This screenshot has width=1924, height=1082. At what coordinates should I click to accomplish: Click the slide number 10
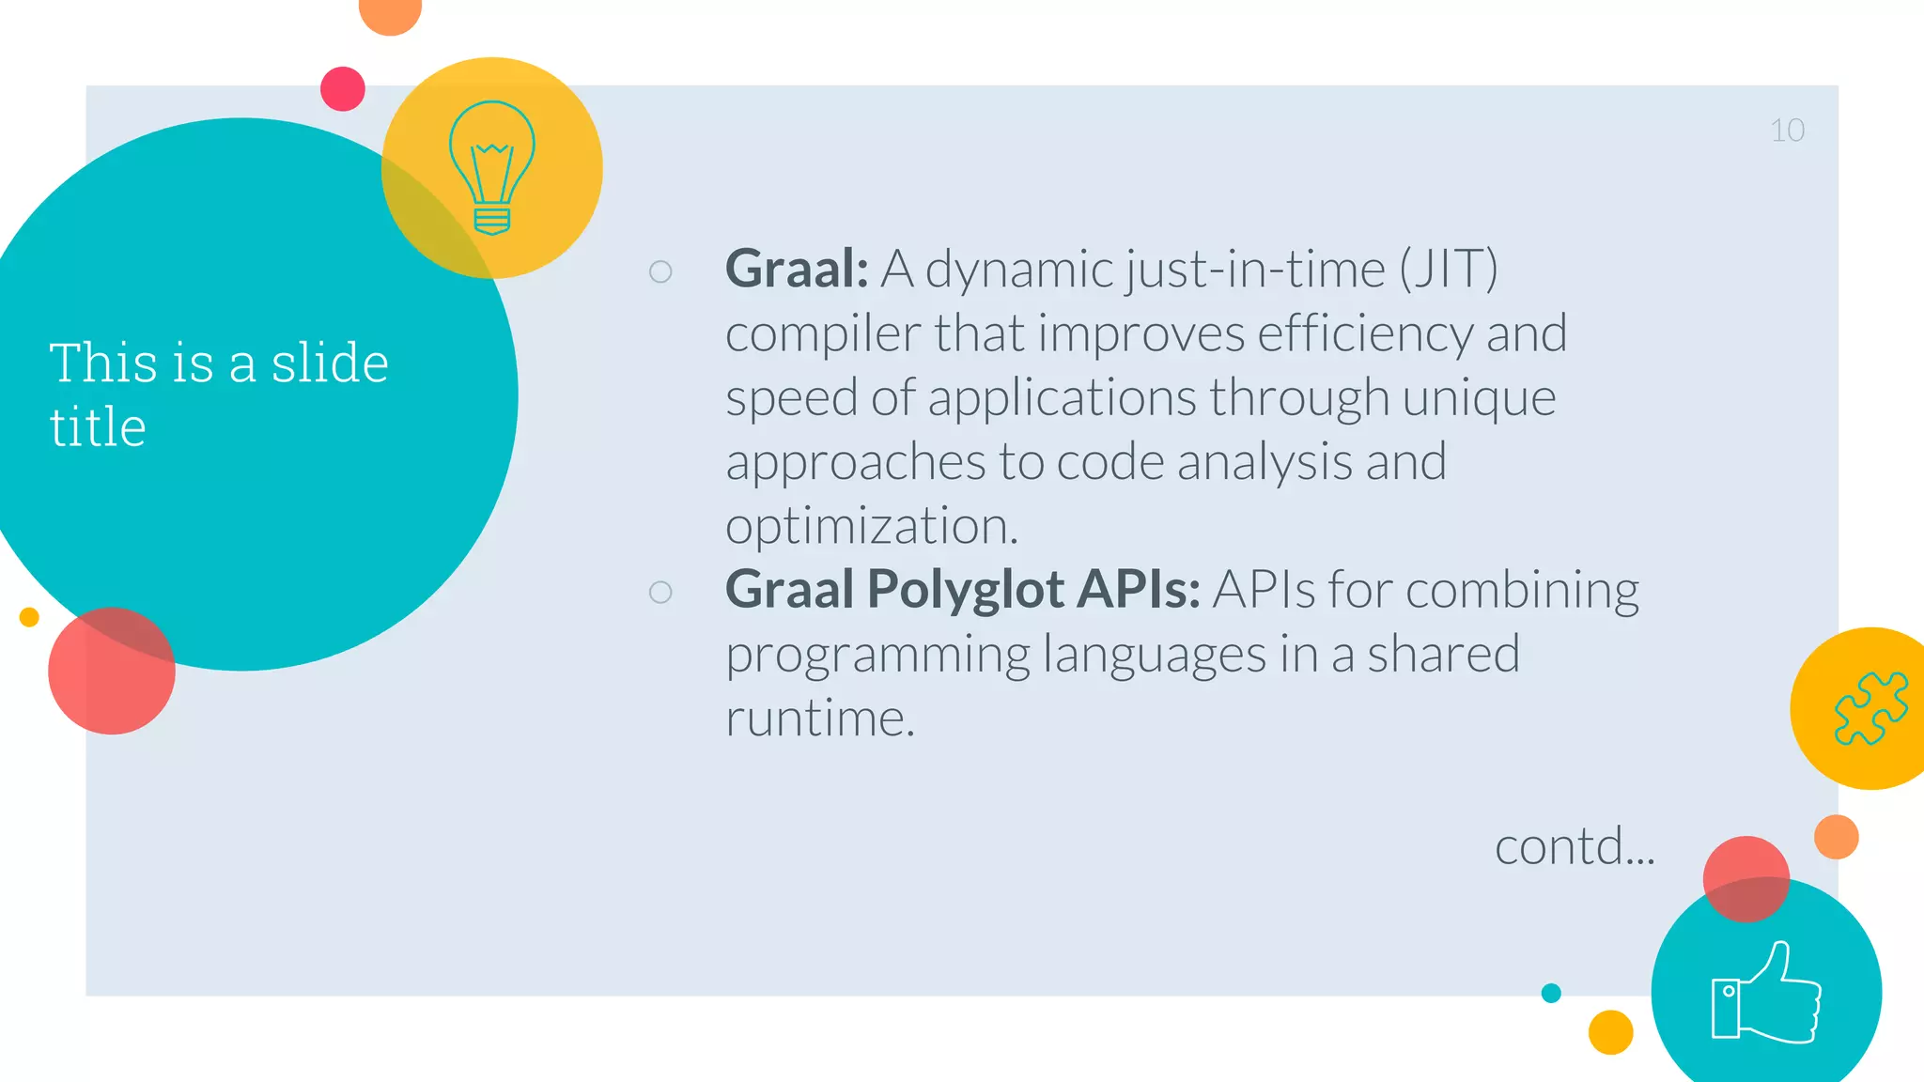pyautogui.click(x=1787, y=131)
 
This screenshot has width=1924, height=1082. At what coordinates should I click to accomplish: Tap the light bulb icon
pyautogui.click(x=492, y=168)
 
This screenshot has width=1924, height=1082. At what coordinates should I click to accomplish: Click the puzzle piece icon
pyautogui.click(x=1870, y=708)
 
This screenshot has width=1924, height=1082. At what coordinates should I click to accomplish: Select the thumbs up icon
pyautogui.click(x=1766, y=994)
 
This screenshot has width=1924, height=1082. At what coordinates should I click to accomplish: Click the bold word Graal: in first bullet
pyautogui.click(x=797, y=270)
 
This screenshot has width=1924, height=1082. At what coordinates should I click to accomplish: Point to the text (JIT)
pyautogui.click(x=1448, y=270)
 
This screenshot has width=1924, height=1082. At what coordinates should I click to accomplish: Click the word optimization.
pyautogui.click(x=871, y=526)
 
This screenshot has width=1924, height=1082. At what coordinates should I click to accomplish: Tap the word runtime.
pyautogui.click(x=818, y=719)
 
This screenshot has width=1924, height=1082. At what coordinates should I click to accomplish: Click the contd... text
pyautogui.click(x=1575, y=847)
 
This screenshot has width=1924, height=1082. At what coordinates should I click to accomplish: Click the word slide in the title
pyautogui.click(x=329, y=363)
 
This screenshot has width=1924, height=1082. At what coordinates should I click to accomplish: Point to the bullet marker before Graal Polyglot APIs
pyautogui.click(x=660, y=592)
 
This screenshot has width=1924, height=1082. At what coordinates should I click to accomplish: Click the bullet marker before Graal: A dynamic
pyautogui.click(x=660, y=271)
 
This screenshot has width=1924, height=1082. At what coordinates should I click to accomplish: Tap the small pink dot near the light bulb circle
pyautogui.click(x=343, y=89)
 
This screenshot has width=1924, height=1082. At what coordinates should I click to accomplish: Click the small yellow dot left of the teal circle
pyautogui.click(x=29, y=617)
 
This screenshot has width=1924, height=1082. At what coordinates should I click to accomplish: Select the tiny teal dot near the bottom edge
pyautogui.click(x=1551, y=993)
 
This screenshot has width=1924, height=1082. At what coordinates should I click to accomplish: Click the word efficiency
pyautogui.click(x=1365, y=333)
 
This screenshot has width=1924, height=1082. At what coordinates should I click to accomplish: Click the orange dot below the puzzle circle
pyautogui.click(x=1836, y=837)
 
